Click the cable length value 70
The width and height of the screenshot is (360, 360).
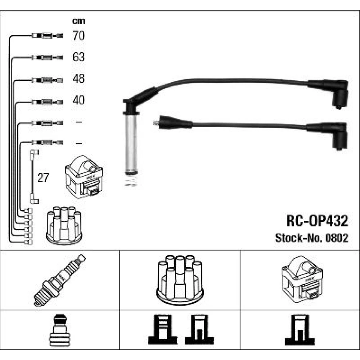coord(78,36)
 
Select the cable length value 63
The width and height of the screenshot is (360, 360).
coord(78,57)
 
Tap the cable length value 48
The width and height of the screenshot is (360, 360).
coord(78,78)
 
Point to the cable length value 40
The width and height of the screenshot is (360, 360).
coord(78,100)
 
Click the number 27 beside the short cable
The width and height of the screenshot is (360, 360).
coord(43,177)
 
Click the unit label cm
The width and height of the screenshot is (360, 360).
coord(79,21)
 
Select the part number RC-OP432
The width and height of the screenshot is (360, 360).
coord(317,221)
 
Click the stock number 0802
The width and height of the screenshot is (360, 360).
coord(337,238)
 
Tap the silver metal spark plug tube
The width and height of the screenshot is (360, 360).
coord(131,144)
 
